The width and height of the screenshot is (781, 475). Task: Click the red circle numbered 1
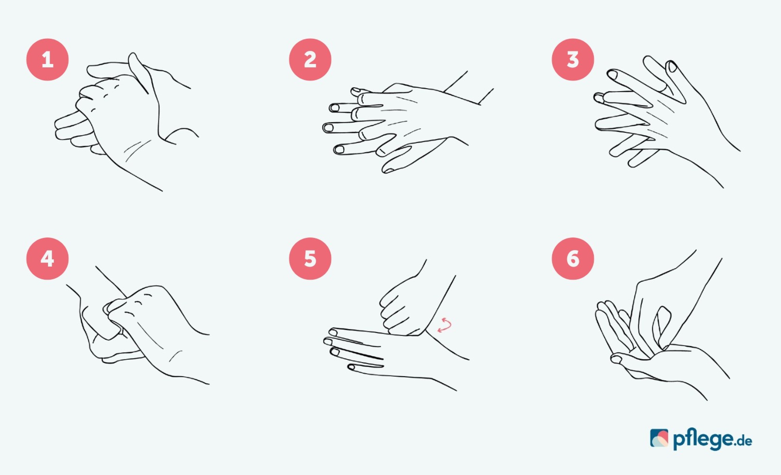(x=47, y=60)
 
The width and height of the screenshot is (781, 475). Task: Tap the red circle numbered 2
(x=310, y=60)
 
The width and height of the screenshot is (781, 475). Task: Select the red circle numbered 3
(x=573, y=60)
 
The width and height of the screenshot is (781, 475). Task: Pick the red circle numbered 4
(x=47, y=258)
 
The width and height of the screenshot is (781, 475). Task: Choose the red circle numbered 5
(x=310, y=258)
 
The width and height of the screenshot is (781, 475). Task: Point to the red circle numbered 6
(x=573, y=258)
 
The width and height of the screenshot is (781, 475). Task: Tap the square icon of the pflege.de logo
(x=659, y=438)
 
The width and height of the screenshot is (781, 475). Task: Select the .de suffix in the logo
(x=743, y=441)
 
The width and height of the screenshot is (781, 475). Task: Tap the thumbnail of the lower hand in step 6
(x=616, y=359)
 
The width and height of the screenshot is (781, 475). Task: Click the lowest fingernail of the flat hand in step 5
(x=351, y=367)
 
